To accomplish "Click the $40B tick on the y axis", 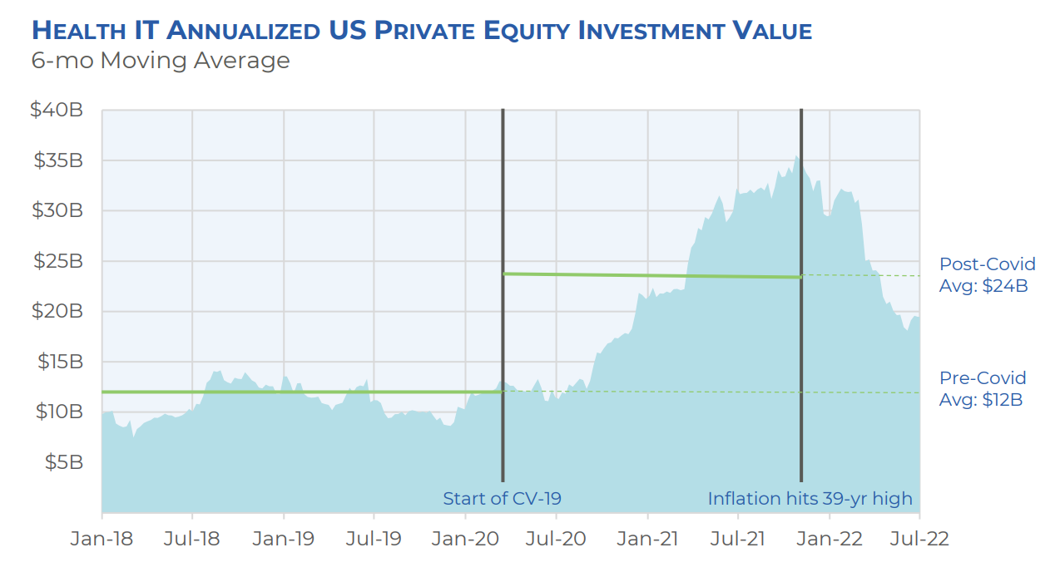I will pos(56,110).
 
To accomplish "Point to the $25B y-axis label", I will pos(56,261).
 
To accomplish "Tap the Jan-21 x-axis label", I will pos(646,539).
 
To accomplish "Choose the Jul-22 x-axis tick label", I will pos(919,539).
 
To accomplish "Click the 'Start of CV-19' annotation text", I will pos(502,499).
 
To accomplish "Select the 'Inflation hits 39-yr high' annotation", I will pos(810,499).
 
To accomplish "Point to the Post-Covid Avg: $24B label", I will pos(987,275).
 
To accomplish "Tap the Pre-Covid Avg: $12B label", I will pos(983,388).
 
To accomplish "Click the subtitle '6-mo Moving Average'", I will pos(161,61).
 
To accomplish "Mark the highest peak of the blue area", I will pos(797,156).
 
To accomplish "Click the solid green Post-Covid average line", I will pos(649,275).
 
